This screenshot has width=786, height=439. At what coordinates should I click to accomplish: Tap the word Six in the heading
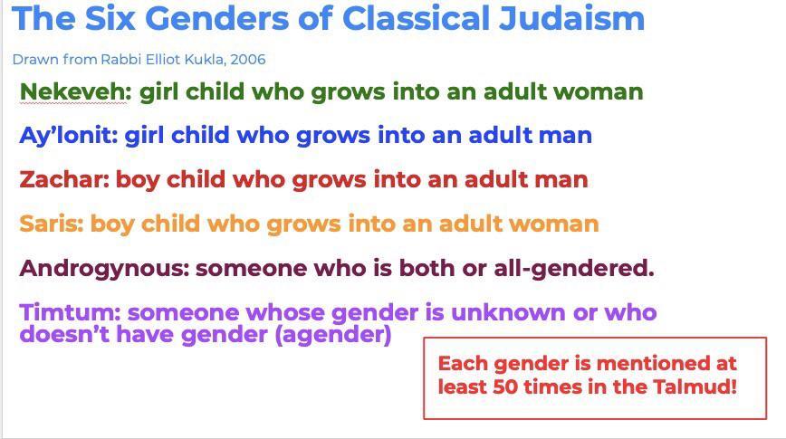click(110, 18)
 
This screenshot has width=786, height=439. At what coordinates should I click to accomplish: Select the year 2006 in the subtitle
click(248, 59)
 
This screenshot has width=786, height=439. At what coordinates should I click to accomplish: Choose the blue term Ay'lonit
click(68, 136)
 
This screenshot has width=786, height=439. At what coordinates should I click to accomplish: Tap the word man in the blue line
click(567, 136)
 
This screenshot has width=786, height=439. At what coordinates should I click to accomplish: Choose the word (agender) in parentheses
click(333, 335)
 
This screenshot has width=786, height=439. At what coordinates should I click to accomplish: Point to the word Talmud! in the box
click(695, 387)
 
